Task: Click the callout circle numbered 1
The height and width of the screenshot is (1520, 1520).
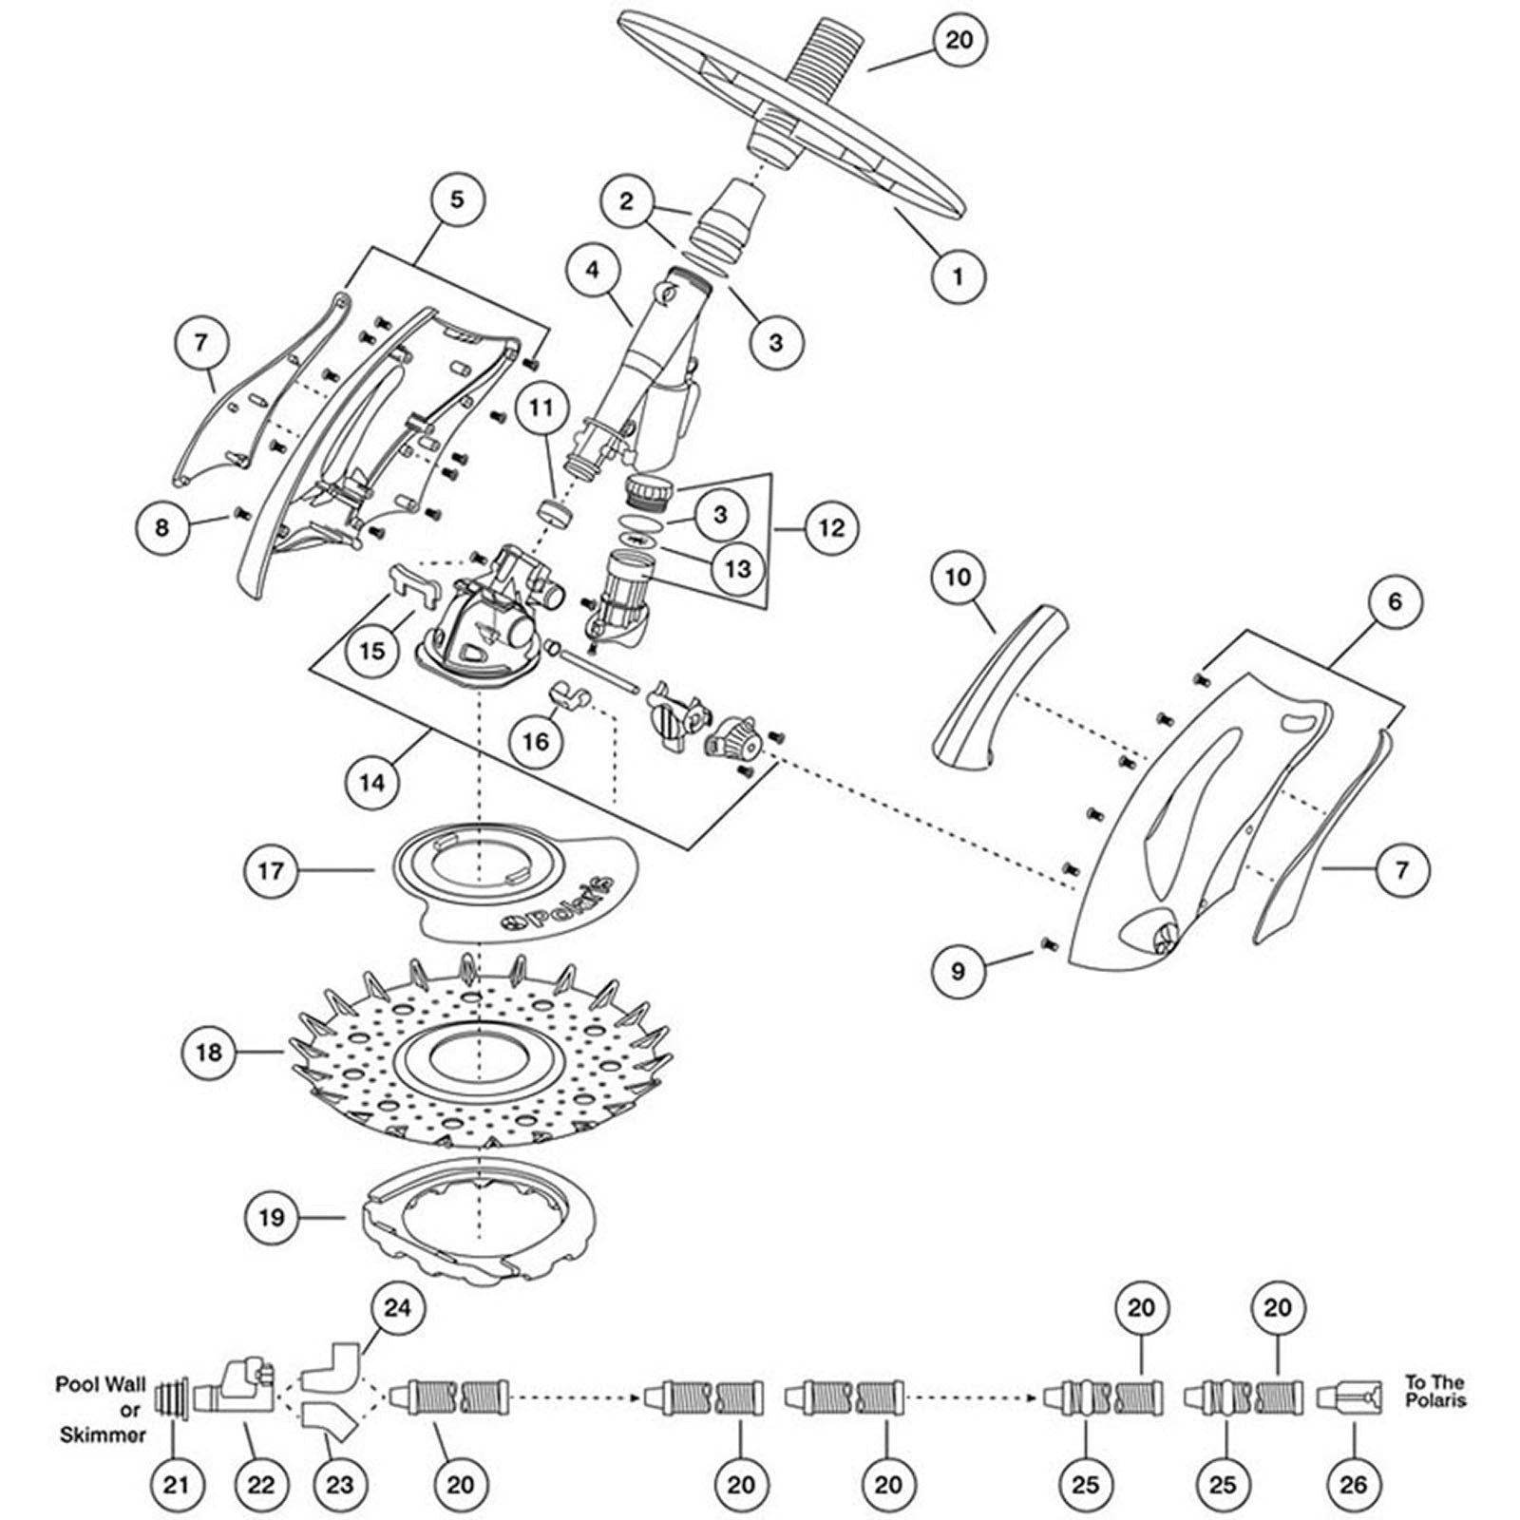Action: point(958,276)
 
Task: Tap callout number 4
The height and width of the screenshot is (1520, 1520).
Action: point(593,270)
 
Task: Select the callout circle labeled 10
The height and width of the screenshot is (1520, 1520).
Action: point(959,577)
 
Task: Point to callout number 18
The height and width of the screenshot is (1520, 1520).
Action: point(209,1052)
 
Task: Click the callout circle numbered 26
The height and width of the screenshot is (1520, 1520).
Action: point(1353,1484)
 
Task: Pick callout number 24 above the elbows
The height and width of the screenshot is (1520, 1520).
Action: point(397,1308)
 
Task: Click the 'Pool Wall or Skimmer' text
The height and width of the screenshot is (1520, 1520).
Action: point(101,1409)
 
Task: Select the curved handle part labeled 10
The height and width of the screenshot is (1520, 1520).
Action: point(997,681)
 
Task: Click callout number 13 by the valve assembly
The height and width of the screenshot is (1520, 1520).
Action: point(737,569)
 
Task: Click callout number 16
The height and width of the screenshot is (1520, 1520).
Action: point(536,740)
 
